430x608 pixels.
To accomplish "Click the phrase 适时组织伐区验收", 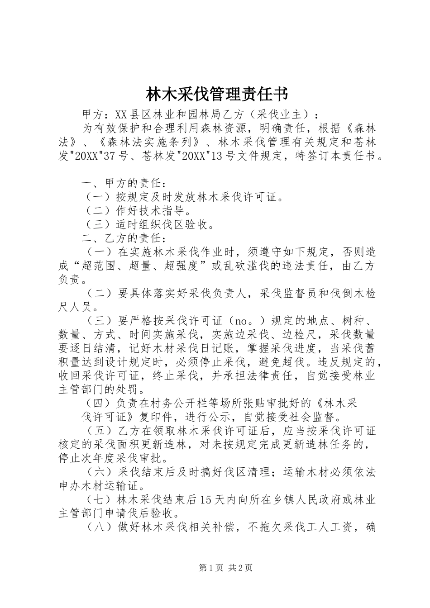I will [164, 224].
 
